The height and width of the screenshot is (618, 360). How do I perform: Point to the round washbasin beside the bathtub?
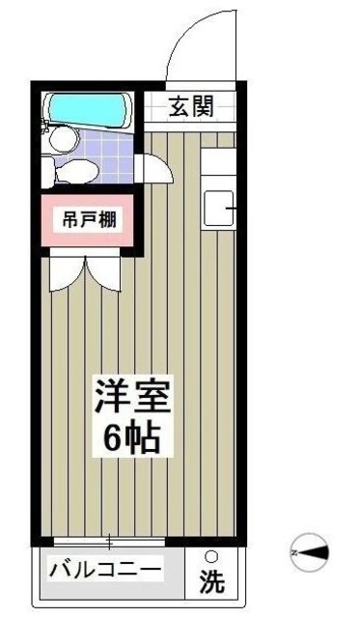pyautogui.click(x=61, y=141)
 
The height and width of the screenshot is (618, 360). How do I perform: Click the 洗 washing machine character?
pyautogui.click(x=210, y=581)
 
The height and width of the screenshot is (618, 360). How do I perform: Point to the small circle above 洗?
pyautogui.click(x=210, y=556)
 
